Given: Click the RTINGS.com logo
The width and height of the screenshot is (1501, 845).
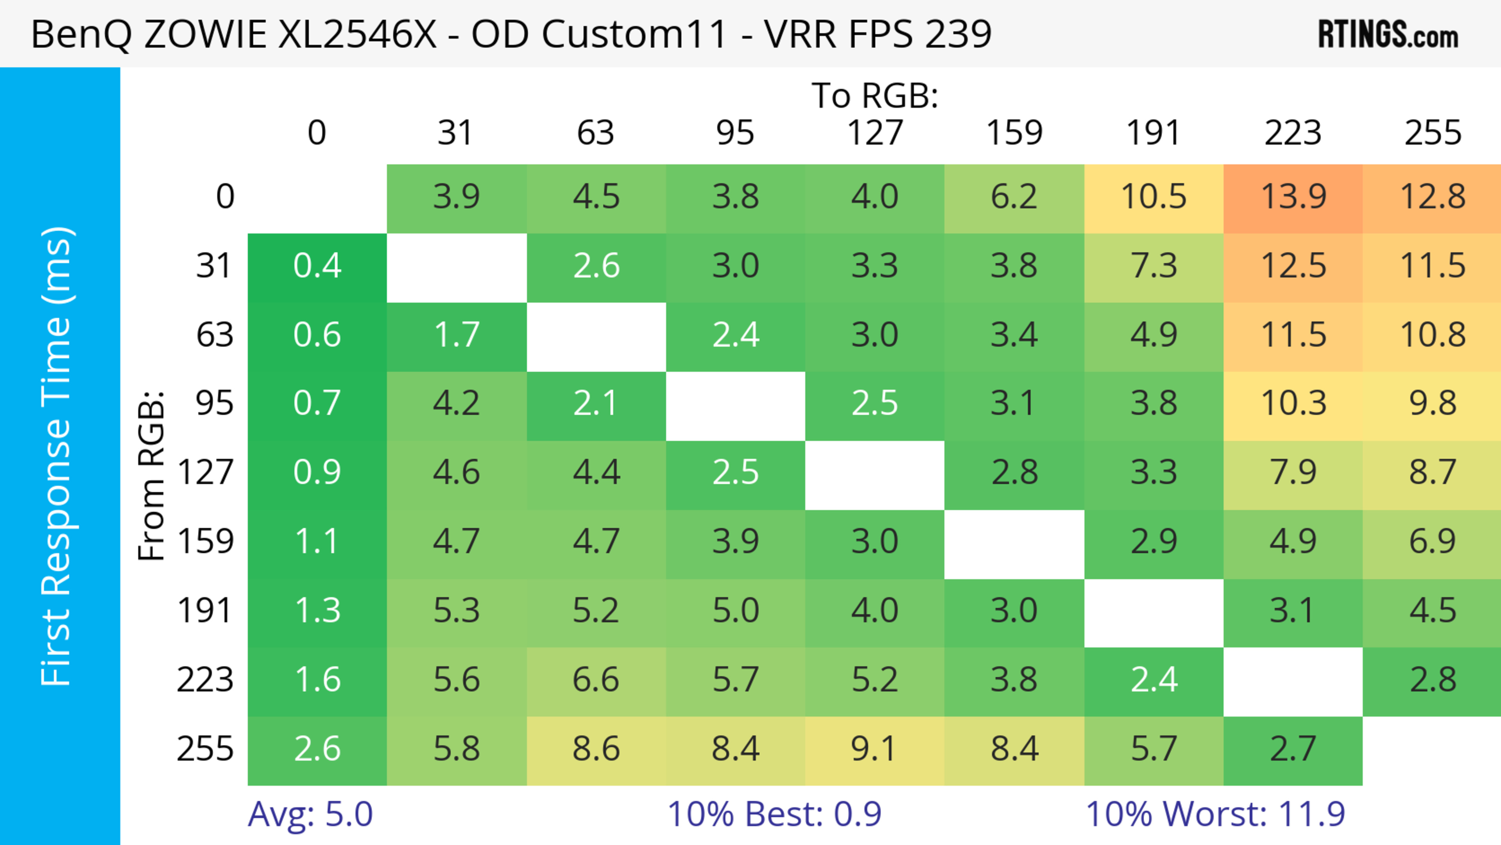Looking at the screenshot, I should point(1388,34).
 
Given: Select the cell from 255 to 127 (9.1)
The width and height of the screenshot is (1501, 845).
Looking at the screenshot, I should point(875,749).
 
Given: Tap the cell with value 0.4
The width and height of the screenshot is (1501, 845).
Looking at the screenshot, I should point(317,266).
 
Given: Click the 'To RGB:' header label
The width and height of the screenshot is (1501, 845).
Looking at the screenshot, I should point(875,95).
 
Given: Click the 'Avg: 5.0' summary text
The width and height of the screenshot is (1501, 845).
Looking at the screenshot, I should point(310,814).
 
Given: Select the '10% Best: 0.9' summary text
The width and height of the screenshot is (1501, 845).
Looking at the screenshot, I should point(774,814).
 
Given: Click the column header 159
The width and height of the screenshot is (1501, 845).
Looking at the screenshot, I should point(1014,133).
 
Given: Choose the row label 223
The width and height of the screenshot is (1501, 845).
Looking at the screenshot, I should point(205,680).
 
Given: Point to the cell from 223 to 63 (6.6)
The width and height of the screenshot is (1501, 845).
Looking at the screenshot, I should point(595,680).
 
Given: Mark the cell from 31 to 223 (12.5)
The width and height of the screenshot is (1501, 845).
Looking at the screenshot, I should point(1293,266).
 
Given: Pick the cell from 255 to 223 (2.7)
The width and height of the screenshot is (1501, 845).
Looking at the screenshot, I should point(1293,749).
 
